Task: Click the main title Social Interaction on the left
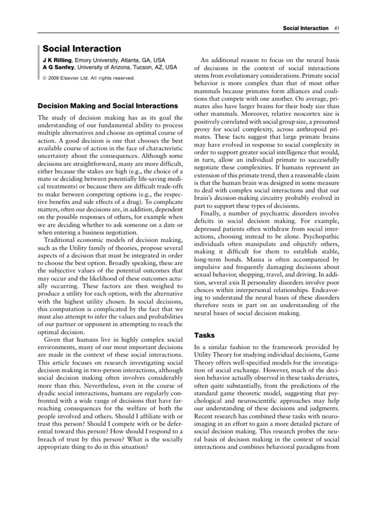(x=82, y=49)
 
